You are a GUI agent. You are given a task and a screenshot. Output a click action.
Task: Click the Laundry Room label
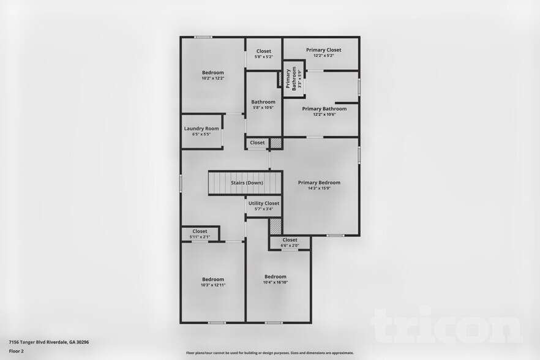click(201, 129)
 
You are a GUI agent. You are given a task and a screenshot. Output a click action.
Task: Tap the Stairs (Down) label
click(247, 182)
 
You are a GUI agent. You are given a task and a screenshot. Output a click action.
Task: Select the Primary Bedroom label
click(319, 182)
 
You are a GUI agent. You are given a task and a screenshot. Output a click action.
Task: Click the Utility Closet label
click(264, 203)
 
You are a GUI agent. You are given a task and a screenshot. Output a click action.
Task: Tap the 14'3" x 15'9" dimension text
click(319, 189)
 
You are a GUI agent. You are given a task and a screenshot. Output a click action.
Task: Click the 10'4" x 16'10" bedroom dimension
click(275, 282)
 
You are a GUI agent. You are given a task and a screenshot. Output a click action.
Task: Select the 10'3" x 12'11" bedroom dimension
click(213, 285)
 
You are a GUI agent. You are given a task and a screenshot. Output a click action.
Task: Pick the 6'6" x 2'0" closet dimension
click(290, 246)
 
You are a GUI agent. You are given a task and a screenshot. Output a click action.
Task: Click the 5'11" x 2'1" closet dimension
click(200, 237)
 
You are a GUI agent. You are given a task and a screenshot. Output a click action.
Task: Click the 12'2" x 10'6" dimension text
click(324, 114)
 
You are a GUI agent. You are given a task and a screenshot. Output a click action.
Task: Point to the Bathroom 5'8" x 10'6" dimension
click(263, 108)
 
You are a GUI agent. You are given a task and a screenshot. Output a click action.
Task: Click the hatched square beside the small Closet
click(276, 143)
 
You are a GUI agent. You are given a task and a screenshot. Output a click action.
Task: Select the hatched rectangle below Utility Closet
click(276, 226)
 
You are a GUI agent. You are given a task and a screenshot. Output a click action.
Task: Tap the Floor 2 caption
click(17, 351)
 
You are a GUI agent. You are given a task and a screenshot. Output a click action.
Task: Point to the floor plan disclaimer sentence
click(269, 353)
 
